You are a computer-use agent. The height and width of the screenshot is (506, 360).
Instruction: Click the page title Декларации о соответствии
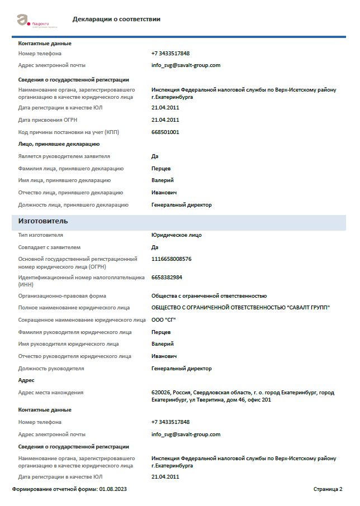pyautogui.click(x=116, y=19)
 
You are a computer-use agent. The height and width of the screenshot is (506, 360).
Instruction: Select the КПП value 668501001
pyautogui.click(x=165, y=132)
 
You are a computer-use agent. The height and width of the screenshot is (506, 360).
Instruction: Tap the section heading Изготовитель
pyautogui.click(x=43, y=221)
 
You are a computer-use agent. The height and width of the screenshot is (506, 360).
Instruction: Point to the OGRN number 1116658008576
pyautogui.click(x=171, y=259)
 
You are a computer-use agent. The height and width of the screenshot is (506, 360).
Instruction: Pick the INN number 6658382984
pyautogui.click(x=167, y=277)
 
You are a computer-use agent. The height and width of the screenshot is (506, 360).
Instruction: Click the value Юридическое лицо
pyautogui.click(x=176, y=235)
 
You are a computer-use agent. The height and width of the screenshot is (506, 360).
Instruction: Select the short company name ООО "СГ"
pyautogui.click(x=163, y=319)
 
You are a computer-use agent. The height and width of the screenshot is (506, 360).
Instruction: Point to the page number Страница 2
pyautogui.click(x=328, y=489)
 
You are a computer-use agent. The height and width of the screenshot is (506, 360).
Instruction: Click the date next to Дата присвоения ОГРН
pyautogui.click(x=165, y=120)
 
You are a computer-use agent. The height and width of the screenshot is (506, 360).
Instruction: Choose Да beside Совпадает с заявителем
pyautogui.click(x=155, y=247)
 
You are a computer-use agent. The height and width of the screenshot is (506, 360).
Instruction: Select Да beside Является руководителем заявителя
pyautogui.click(x=155, y=156)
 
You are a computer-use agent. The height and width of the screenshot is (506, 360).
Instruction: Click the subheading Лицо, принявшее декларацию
pyautogui.click(x=59, y=144)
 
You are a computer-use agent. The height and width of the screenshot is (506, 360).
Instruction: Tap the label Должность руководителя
pyautogui.click(x=51, y=369)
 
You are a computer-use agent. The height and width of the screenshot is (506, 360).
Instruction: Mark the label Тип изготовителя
pyautogui.click(x=40, y=235)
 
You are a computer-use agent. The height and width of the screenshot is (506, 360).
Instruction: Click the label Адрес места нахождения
pyautogui.click(x=50, y=393)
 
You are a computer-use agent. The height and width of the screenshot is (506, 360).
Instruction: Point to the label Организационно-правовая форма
pyautogui.click(x=62, y=295)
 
